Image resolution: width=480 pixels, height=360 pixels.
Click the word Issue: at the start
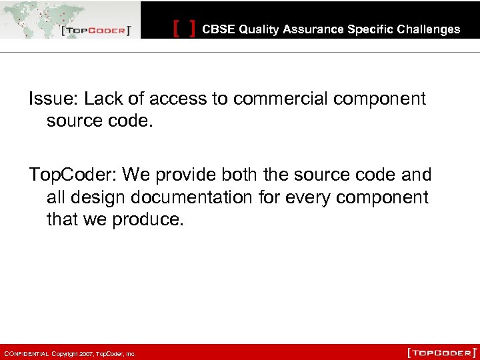click(x=52, y=99)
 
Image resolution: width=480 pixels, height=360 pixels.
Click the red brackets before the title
click(x=184, y=29)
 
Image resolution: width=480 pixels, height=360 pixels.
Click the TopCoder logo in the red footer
click(x=442, y=352)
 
